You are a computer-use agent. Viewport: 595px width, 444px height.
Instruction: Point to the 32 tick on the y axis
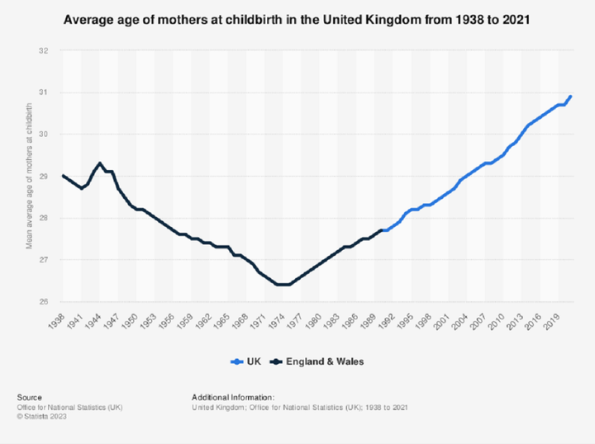[x=43, y=51]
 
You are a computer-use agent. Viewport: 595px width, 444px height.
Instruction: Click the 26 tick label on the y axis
[x=43, y=301]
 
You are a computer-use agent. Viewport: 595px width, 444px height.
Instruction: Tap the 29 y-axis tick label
[x=43, y=177]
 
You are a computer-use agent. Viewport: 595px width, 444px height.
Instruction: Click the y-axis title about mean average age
[x=29, y=177]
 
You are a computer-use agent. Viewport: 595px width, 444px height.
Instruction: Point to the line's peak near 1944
[x=99, y=163]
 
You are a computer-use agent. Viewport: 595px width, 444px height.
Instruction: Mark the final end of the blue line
[x=570, y=97]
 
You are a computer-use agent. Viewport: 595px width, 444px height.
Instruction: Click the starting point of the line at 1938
[x=64, y=176]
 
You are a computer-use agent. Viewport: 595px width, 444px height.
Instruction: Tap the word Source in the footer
[x=28, y=397]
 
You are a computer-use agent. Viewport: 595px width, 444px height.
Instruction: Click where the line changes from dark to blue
[x=382, y=230]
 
